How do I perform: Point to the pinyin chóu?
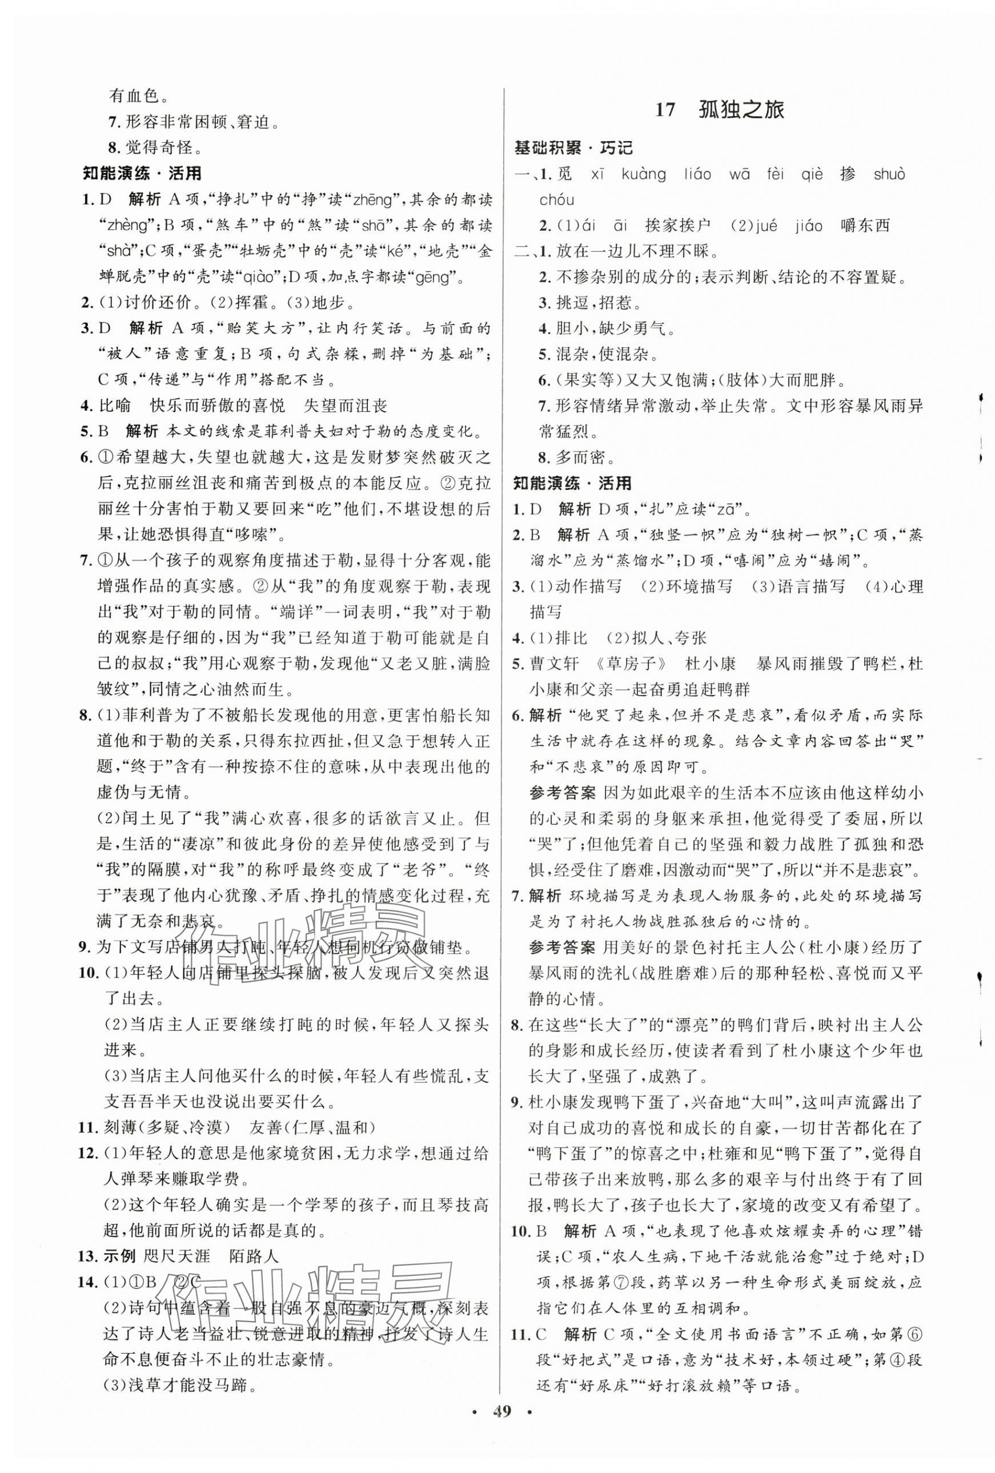[x=556, y=200]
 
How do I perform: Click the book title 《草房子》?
[x=628, y=664]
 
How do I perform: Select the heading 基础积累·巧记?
[x=573, y=148]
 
